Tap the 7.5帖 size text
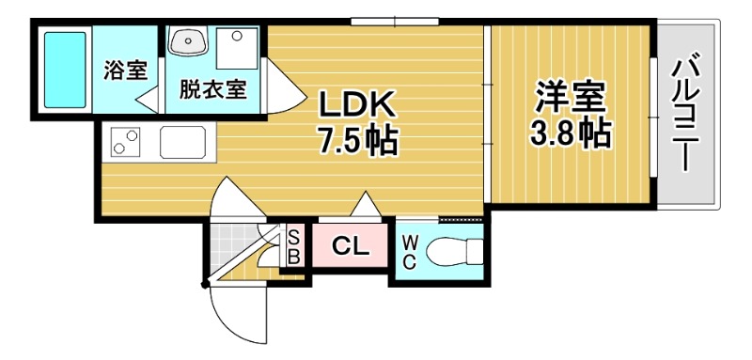(x=355, y=141)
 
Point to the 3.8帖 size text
(x=572, y=133)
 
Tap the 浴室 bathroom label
(x=125, y=69)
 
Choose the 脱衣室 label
(x=214, y=89)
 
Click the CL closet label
(x=350, y=247)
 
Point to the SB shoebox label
(x=293, y=245)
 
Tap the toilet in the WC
(x=452, y=252)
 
